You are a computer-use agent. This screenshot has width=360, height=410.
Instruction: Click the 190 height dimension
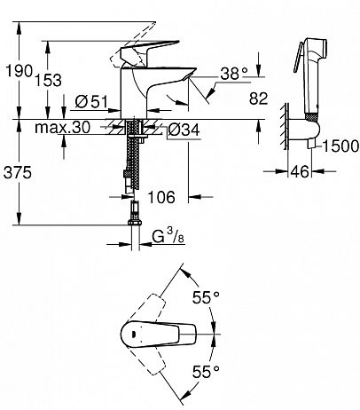[x=19, y=71]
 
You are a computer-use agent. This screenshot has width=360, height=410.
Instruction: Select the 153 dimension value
[x=49, y=81]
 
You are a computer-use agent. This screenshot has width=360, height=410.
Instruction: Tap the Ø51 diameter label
[x=91, y=102]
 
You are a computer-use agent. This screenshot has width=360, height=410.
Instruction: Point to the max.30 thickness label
[x=62, y=128]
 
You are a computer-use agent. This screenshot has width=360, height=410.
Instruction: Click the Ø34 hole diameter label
[x=184, y=130]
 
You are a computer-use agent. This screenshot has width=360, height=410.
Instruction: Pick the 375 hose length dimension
[x=18, y=172]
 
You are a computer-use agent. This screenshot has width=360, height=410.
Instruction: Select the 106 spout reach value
[x=161, y=197]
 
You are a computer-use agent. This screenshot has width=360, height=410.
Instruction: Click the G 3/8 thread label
[x=168, y=236]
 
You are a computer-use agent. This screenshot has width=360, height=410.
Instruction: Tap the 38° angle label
[x=234, y=73]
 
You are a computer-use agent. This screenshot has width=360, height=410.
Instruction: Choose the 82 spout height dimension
[x=258, y=99]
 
